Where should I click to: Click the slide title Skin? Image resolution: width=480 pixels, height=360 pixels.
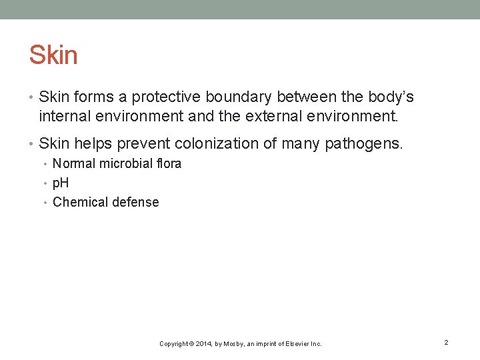pyautogui.click(x=53, y=55)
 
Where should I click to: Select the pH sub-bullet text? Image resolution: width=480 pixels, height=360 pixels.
pyautogui.click(x=61, y=183)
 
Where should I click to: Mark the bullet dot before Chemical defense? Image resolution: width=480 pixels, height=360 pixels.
pyautogui.click(x=47, y=203)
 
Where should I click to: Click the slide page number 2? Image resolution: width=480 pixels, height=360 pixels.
pyautogui.click(x=446, y=342)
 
